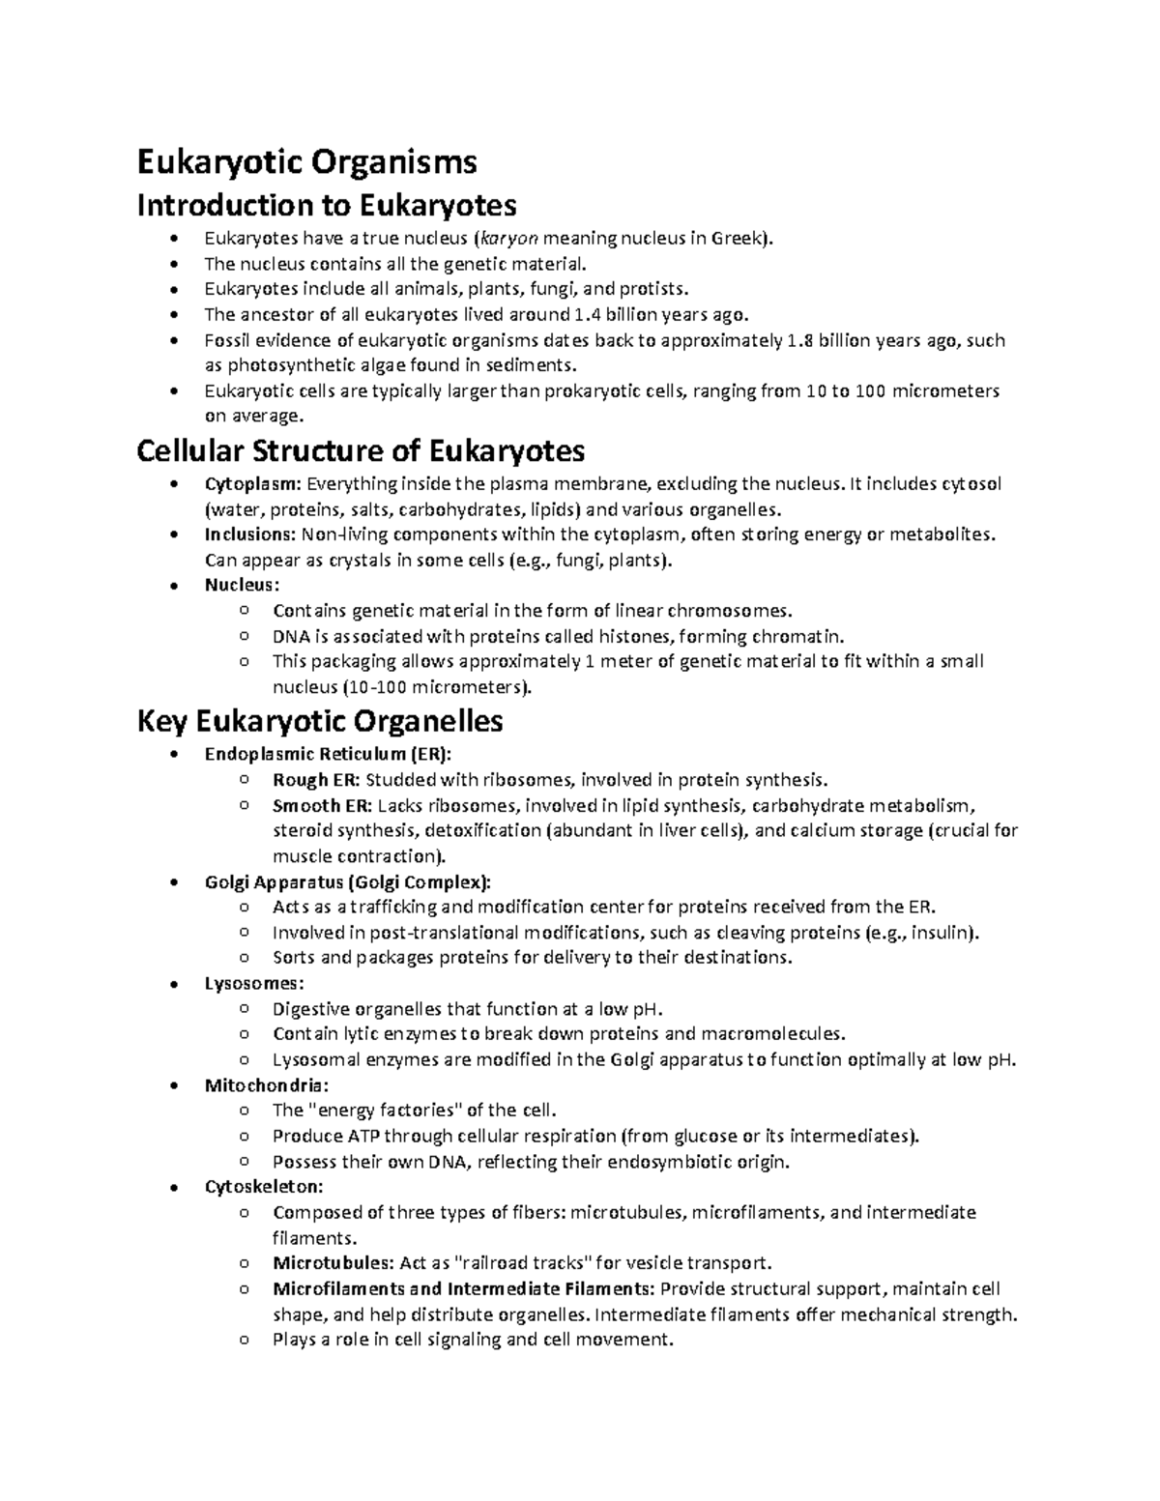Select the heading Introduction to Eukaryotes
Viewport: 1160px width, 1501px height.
327,205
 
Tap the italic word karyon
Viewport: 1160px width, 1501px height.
509,239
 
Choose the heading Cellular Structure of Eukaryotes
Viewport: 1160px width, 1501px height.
362,450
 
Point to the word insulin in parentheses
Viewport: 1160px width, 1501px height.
942,933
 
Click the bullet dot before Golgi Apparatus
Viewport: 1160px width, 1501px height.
173,882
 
